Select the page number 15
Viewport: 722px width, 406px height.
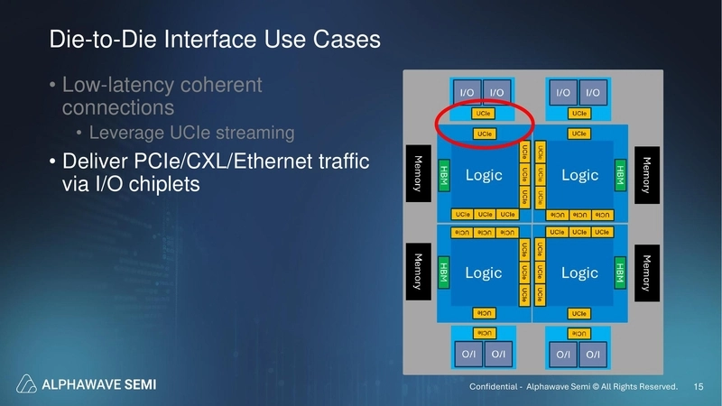point(698,386)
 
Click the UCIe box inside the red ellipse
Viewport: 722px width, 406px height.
point(485,114)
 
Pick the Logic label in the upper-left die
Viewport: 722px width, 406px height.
point(484,174)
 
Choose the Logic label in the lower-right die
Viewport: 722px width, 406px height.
point(580,272)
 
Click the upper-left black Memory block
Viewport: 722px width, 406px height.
point(417,172)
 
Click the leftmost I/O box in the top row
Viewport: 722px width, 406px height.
point(467,92)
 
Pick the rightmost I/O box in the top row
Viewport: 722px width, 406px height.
point(593,92)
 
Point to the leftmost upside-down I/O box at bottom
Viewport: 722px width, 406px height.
point(467,355)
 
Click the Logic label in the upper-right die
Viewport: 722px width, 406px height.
point(580,174)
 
